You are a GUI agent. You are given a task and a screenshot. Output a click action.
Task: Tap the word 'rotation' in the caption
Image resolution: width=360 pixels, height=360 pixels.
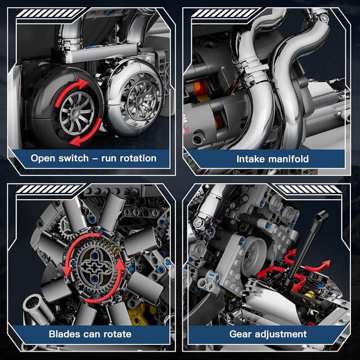coord(138,158)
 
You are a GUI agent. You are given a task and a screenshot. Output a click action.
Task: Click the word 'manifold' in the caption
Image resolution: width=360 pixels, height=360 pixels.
coord(289,159)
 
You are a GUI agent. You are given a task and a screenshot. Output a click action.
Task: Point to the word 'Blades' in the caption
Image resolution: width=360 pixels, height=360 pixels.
coord(64,334)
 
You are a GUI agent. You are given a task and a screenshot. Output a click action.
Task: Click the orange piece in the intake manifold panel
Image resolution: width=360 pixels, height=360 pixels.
coord(197,88)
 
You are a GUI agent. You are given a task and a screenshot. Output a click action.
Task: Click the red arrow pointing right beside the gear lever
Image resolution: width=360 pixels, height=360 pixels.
coord(318,267)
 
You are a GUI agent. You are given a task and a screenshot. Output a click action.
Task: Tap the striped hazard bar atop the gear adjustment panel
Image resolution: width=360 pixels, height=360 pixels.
coord(308,189)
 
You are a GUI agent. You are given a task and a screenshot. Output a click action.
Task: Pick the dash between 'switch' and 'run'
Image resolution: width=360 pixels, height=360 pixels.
coord(95,159)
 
